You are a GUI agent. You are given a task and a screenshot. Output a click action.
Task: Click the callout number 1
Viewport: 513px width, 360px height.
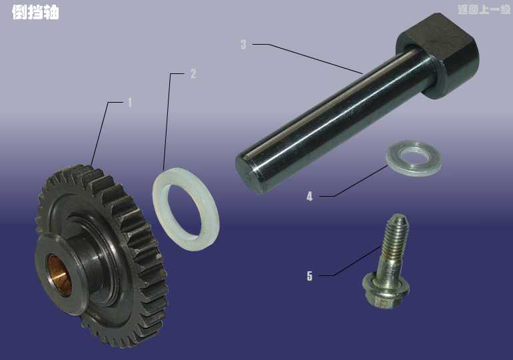click(x=130, y=103)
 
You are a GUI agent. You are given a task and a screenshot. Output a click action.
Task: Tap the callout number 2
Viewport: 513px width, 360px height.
click(x=193, y=73)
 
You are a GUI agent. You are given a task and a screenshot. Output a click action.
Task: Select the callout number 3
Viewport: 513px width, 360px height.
click(x=243, y=45)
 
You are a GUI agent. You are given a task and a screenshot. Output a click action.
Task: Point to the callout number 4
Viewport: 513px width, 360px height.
click(x=310, y=197)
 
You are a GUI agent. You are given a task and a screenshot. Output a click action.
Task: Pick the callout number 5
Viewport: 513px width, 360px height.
click(x=310, y=276)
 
